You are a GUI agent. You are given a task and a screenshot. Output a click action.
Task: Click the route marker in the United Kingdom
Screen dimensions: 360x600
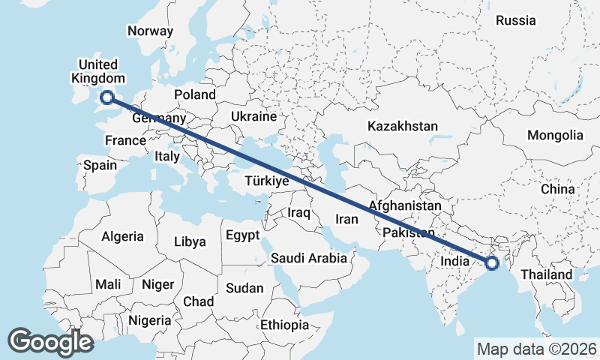click(x=106, y=96)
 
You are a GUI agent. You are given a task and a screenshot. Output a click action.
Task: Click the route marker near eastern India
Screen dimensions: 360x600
click(x=492, y=262)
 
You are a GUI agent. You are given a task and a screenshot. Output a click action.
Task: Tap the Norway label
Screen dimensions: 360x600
click(x=150, y=31)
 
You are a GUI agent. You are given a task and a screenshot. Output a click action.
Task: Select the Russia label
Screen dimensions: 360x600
click(x=516, y=20)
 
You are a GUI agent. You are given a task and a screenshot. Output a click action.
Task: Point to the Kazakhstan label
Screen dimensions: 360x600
click(x=402, y=126)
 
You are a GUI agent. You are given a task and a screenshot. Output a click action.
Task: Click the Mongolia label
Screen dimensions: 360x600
click(x=555, y=135)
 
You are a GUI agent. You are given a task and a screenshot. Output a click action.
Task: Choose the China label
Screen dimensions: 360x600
click(x=557, y=189)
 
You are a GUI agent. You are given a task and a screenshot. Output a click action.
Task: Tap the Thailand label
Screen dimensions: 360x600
click(x=547, y=274)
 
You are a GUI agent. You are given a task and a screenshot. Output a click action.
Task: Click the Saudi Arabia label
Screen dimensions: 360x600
click(x=309, y=258)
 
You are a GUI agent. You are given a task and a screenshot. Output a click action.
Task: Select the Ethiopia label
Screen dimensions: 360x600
click(x=284, y=325)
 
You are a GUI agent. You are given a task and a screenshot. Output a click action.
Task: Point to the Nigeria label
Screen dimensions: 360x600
click(x=150, y=320)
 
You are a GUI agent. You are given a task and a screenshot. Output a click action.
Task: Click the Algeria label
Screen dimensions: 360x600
click(x=122, y=236)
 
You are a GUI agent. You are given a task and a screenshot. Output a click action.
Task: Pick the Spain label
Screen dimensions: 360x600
click(x=100, y=165)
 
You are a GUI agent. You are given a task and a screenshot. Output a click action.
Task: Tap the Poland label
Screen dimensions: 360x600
click(x=194, y=94)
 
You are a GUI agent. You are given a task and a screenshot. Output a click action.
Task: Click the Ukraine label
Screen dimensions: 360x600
click(x=254, y=117)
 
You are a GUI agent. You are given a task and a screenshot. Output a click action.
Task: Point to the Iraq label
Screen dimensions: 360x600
click(x=298, y=213)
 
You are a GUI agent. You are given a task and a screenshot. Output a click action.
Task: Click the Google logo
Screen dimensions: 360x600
click(x=50, y=342)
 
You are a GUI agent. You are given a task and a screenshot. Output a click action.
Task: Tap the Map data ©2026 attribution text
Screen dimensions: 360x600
click(x=537, y=349)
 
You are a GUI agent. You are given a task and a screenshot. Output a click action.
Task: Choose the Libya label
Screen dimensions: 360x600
click(x=189, y=241)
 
